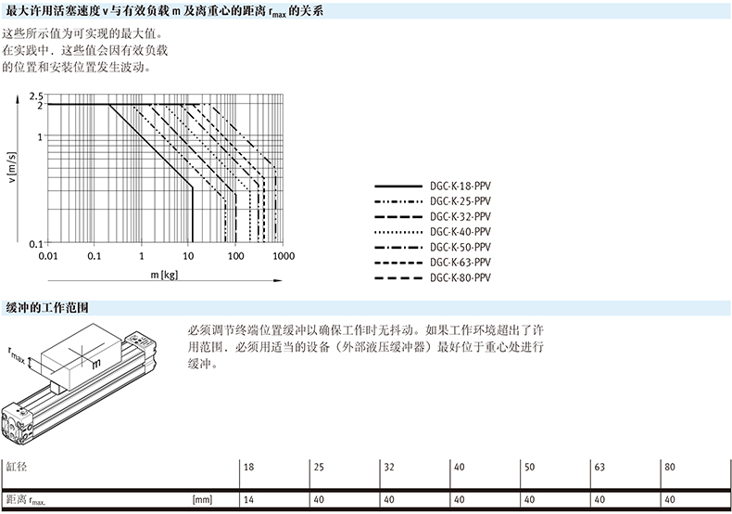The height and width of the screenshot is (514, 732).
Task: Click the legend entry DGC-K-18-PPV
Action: coord(460,184)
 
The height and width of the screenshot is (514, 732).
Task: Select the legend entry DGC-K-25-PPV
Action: coord(460,199)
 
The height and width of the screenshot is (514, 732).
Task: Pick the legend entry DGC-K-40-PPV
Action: coord(460,231)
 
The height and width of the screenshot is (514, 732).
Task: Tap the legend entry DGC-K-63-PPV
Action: coord(460,263)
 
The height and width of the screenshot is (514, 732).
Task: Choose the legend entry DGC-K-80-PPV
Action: coord(460,278)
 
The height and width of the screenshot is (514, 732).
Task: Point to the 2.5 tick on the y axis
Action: coord(37,96)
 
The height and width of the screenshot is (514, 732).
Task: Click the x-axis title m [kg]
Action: coord(164,276)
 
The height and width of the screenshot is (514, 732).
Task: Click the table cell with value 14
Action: coord(248,500)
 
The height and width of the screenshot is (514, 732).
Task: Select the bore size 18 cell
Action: coord(248,468)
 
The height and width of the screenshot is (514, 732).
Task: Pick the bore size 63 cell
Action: coord(599,468)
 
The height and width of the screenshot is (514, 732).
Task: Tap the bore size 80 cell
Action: coord(670,468)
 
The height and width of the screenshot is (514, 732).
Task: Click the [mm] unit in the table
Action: coord(203,500)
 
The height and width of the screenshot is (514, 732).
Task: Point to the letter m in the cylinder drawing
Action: coord(95,366)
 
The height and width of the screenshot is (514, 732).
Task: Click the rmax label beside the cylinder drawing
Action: coord(19,353)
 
